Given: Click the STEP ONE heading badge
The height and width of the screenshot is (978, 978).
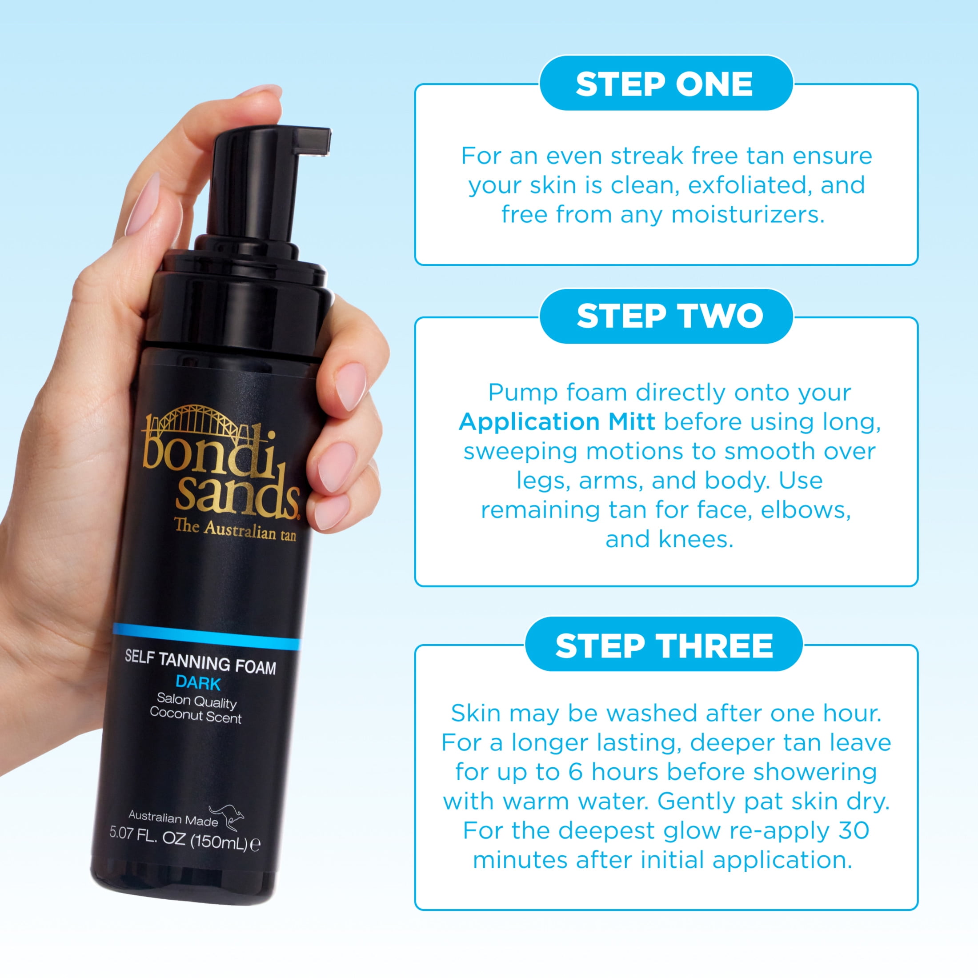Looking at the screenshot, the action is [665, 84].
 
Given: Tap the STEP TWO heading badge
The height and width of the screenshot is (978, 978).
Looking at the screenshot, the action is [665, 316].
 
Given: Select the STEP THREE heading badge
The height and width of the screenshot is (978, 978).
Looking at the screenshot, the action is [664, 645].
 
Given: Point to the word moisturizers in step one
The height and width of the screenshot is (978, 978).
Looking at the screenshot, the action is [748, 215].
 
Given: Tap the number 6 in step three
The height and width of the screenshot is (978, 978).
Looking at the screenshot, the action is [576, 773].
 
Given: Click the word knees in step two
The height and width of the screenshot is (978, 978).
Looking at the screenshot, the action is [696, 540].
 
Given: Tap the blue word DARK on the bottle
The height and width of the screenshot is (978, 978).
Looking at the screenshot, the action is [198, 683].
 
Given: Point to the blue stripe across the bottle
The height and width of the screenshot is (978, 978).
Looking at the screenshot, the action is [207, 637].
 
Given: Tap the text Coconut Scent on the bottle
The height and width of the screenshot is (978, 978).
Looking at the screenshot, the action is [196, 715].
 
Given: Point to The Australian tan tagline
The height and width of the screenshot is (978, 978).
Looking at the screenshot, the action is [235, 530].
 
